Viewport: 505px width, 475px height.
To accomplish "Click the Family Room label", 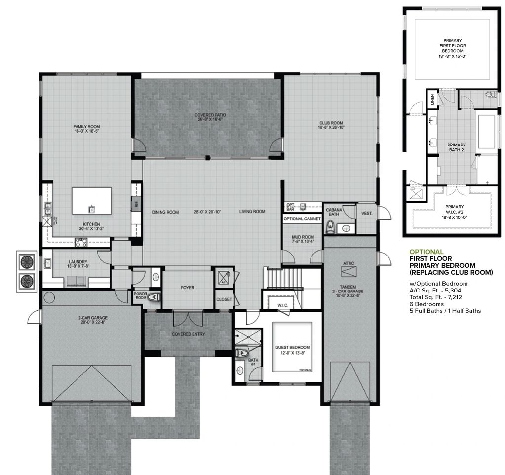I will (x=86, y=127).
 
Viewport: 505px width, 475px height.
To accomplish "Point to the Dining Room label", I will (x=165, y=212).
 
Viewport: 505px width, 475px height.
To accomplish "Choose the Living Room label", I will (x=252, y=212).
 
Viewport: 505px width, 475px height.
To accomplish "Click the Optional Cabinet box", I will (x=302, y=219).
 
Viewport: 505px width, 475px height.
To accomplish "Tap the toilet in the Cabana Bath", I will (x=330, y=227).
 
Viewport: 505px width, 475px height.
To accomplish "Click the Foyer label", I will (x=187, y=287).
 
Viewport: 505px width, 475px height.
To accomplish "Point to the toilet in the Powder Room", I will (x=153, y=297).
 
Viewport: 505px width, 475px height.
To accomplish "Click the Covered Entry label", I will (x=188, y=334).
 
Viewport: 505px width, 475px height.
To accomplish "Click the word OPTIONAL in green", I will (x=427, y=252).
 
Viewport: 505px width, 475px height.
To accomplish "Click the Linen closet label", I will (x=433, y=99).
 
